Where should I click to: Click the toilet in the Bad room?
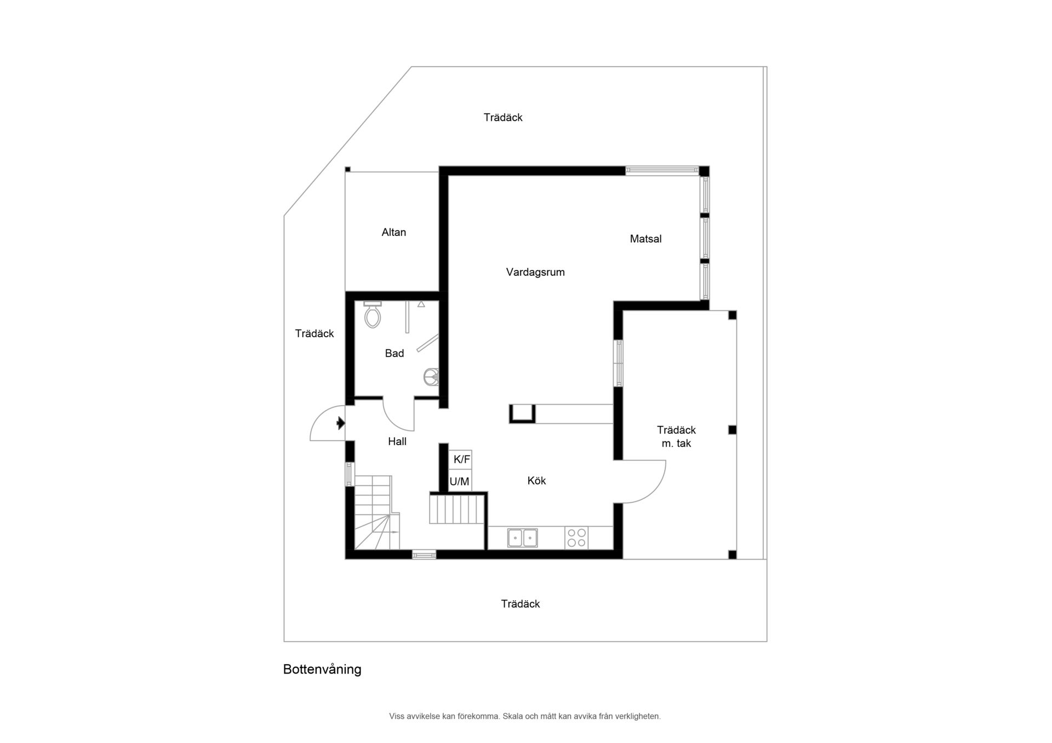(x=373, y=314)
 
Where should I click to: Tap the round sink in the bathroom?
(x=431, y=377)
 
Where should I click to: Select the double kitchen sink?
(x=522, y=538)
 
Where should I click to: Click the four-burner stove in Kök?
(x=576, y=538)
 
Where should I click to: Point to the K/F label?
(x=462, y=459)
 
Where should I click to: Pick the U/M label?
(x=459, y=482)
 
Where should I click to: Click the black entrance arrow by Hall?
(x=341, y=423)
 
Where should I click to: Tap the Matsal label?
(x=645, y=239)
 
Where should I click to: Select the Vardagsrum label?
(x=535, y=272)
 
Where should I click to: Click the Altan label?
(x=394, y=232)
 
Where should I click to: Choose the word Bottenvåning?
(x=322, y=669)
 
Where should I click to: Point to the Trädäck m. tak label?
(x=676, y=437)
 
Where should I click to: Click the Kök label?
(x=536, y=481)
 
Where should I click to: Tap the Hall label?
(x=397, y=441)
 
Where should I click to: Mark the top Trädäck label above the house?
(x=503, y=117)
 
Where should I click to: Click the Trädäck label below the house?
(x=521, y=604)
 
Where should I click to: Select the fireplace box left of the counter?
(x=522, y=414)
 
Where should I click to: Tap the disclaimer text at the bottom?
(x=525, y=716)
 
